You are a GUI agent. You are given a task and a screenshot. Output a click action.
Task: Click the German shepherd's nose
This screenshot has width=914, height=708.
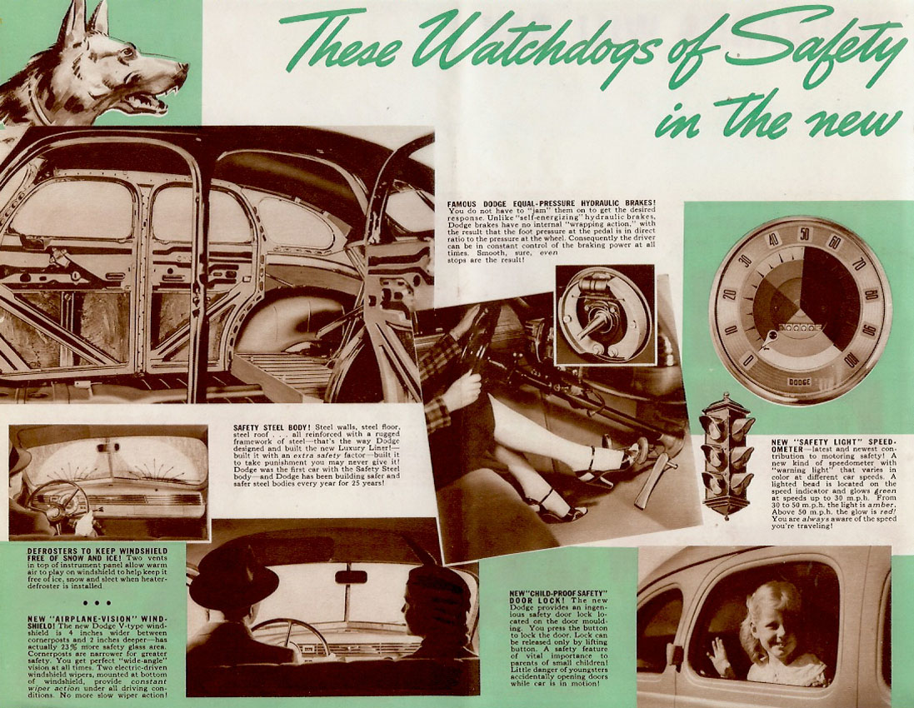click(181, 72)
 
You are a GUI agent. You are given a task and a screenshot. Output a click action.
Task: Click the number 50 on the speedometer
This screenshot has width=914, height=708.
click(804, 233)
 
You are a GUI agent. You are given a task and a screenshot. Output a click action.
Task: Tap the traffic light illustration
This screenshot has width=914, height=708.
click(726, 454)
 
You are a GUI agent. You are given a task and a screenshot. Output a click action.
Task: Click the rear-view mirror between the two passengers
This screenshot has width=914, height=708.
click(351, 576)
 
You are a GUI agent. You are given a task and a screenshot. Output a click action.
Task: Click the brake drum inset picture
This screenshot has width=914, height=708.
click(604, 314)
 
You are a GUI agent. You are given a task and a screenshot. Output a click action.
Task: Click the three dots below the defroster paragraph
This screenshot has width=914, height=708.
click(97, 602)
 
